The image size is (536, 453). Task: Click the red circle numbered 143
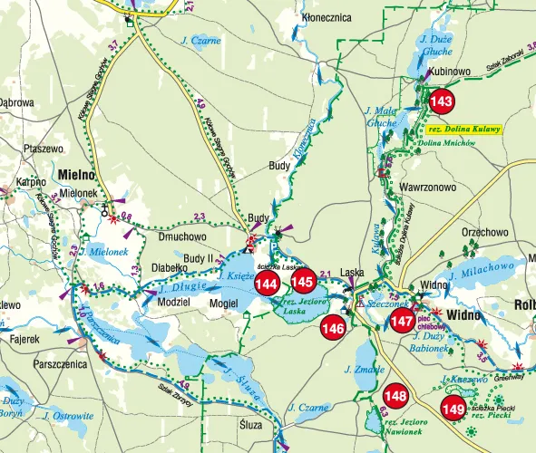click(x=443, y=101)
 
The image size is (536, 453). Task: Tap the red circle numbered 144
click(x=267, y=284)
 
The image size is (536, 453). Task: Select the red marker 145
click(x=303, y=282)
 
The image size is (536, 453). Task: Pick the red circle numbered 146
click(x=333, y=328)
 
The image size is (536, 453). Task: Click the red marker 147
click(x=403, y=322)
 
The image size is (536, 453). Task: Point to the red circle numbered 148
click(x=395, y=396)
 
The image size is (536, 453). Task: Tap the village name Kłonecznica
click(x=327, y=17)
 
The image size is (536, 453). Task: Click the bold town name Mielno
click(x=77, y=174)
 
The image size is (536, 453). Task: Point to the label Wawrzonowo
click(x=425, y=187)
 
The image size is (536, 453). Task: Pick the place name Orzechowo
click(x=484, y=232)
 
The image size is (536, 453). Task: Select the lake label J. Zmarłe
click(x=360, y=370)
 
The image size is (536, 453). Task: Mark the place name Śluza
click(x=250, y=424)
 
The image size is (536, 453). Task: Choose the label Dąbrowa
click(x=16, y=102)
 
